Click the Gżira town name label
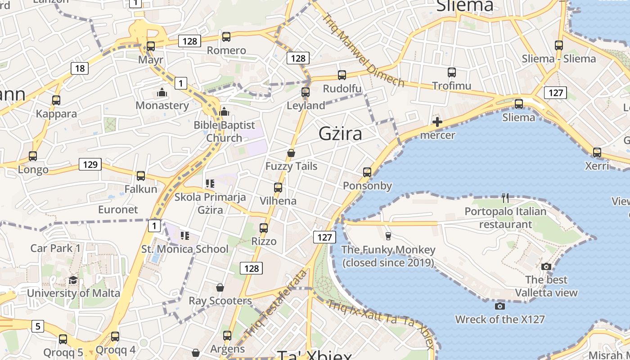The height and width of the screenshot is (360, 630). (x=340, y=134)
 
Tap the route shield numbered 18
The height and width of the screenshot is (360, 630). (x=80, y=68)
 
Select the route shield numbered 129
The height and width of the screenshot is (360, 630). (x=90, y=164)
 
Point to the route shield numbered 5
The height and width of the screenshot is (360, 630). (x=38, y=326)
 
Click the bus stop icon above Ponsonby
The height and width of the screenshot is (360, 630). (x=367, y=172)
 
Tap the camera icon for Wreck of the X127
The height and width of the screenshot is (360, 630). (x=499, y=306)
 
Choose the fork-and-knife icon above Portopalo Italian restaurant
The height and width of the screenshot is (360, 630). (x=505, y=197)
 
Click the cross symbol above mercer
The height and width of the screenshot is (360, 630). (x=437, y=121)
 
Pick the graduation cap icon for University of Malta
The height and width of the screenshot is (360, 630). (x=73, y=280)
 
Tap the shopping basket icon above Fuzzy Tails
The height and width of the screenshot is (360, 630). (x=291, y=153)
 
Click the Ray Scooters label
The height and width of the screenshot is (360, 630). (x=220, y=301)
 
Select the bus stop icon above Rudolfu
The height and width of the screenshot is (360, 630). (x=342, y=75)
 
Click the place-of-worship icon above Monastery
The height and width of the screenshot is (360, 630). (x=162, y=93)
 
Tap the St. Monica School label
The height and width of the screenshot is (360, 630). (x=185, y=249)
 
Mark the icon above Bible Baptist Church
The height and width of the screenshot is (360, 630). (x=224, y=112)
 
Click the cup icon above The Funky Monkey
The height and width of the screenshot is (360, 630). (x=388, y=236)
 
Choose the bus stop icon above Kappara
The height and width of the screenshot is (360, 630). (x=56, y=100)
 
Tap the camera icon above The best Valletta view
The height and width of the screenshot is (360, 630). (x=546, y=266)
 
